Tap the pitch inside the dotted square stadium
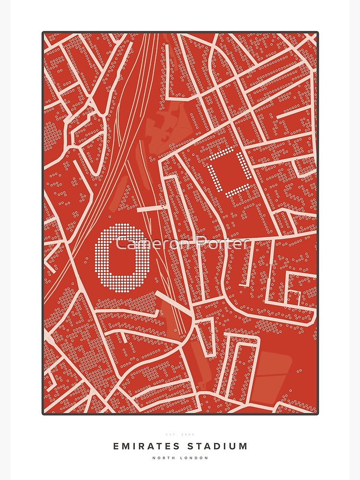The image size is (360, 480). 232,172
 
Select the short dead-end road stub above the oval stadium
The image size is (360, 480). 149,209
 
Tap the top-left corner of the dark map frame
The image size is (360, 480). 44,33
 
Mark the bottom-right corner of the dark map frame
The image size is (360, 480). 317,413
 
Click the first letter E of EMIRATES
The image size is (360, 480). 116,446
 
